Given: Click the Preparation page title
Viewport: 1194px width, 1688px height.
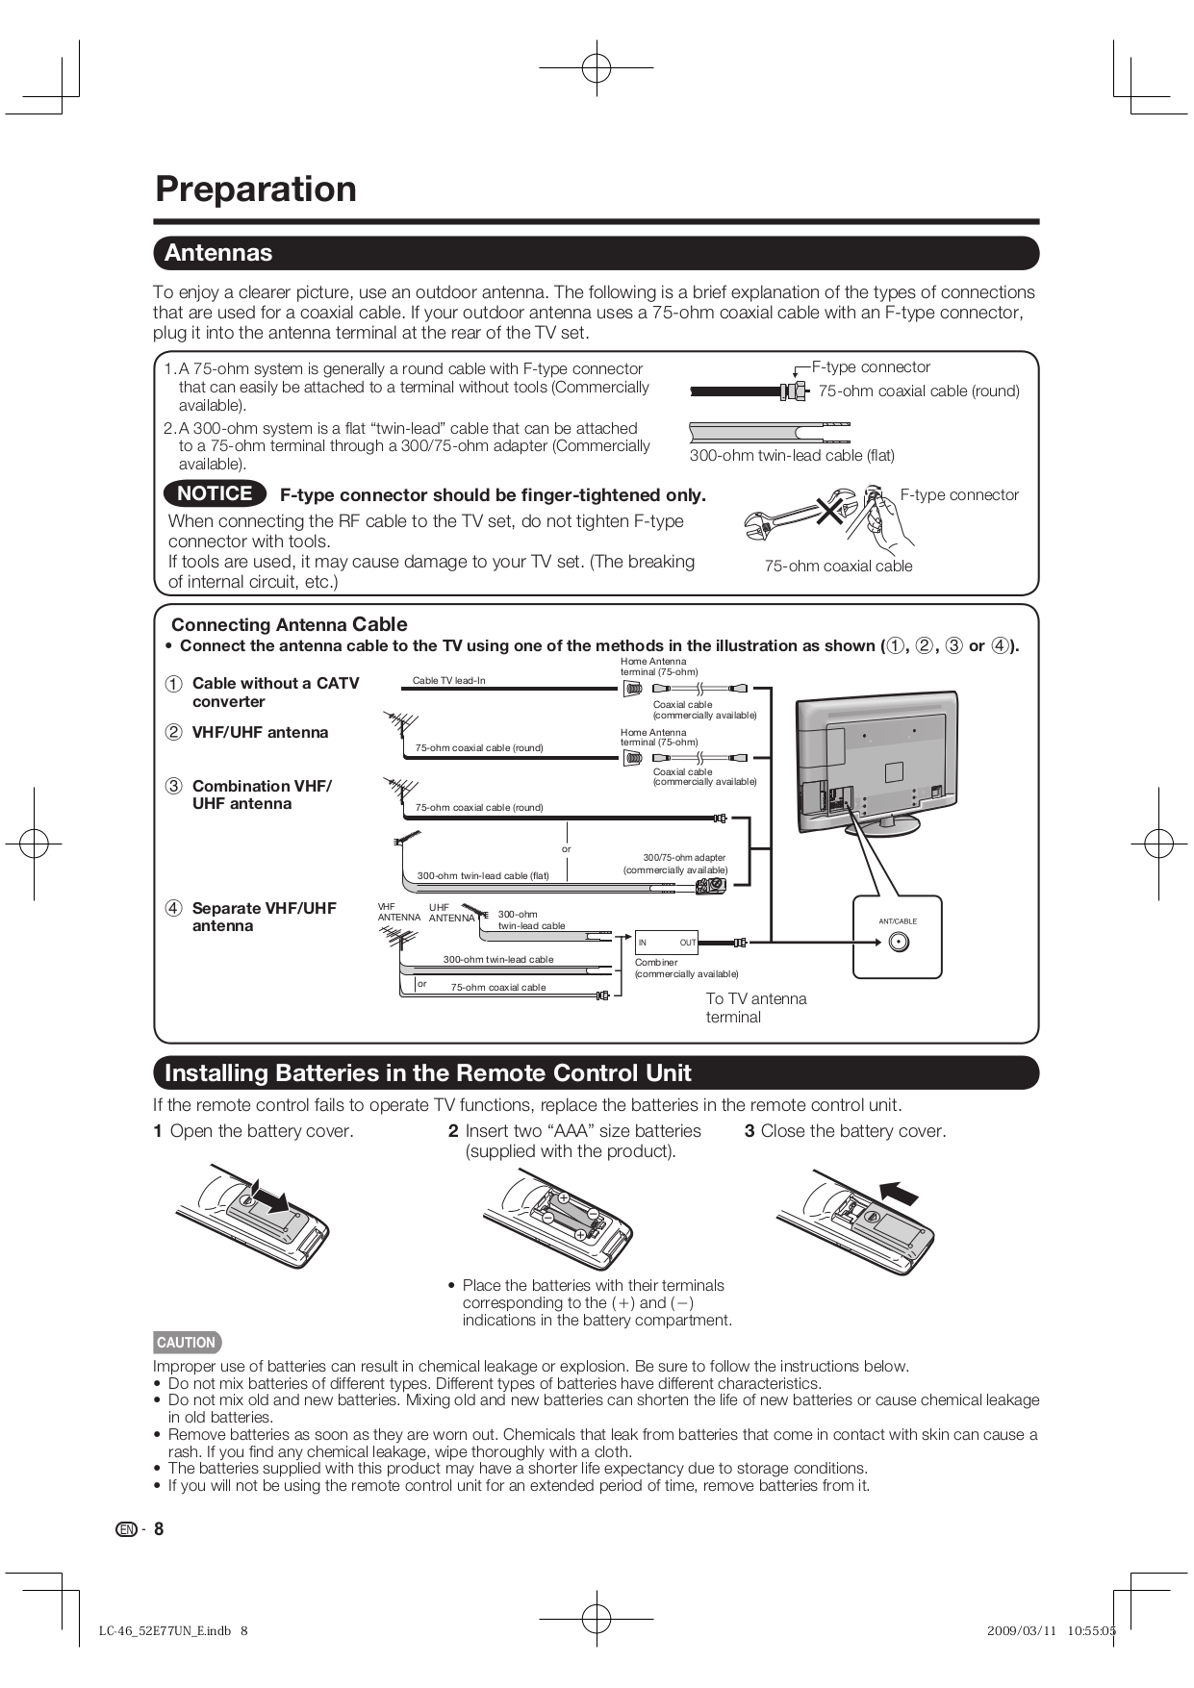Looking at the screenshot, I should (x=256, y=189).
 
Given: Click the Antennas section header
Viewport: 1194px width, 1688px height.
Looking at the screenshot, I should (x=218, y=253).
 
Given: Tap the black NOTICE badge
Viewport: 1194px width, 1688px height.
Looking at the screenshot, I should (x=215, y=493).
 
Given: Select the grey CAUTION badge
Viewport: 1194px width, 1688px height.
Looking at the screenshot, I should (x=187, y=1343).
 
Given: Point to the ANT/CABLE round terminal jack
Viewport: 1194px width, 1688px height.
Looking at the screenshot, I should (x=899, y=942).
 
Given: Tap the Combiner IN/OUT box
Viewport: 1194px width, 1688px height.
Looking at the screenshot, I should (x=667, y=943).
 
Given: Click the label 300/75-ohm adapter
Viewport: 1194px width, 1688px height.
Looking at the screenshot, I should (x=684, y=857).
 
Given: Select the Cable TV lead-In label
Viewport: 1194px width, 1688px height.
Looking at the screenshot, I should (x=448, y=681).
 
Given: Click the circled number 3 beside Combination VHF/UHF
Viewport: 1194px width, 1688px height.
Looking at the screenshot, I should (x=173, y=786).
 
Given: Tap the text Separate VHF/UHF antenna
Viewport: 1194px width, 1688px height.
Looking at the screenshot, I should (x=264, y=917).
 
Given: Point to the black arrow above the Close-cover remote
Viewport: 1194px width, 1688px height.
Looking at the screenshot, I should (x=900, y=1192).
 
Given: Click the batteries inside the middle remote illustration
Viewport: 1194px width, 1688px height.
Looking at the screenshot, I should (x=571, y=1217).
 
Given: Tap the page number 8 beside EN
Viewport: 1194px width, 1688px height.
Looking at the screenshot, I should (x=159, y=1529).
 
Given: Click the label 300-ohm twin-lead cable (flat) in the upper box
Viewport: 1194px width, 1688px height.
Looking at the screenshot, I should (x=792, y=456).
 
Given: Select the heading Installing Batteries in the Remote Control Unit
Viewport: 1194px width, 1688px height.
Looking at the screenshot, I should (x=427, y=1073).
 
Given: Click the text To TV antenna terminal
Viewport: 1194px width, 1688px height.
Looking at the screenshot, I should (x=755, y=1008).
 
